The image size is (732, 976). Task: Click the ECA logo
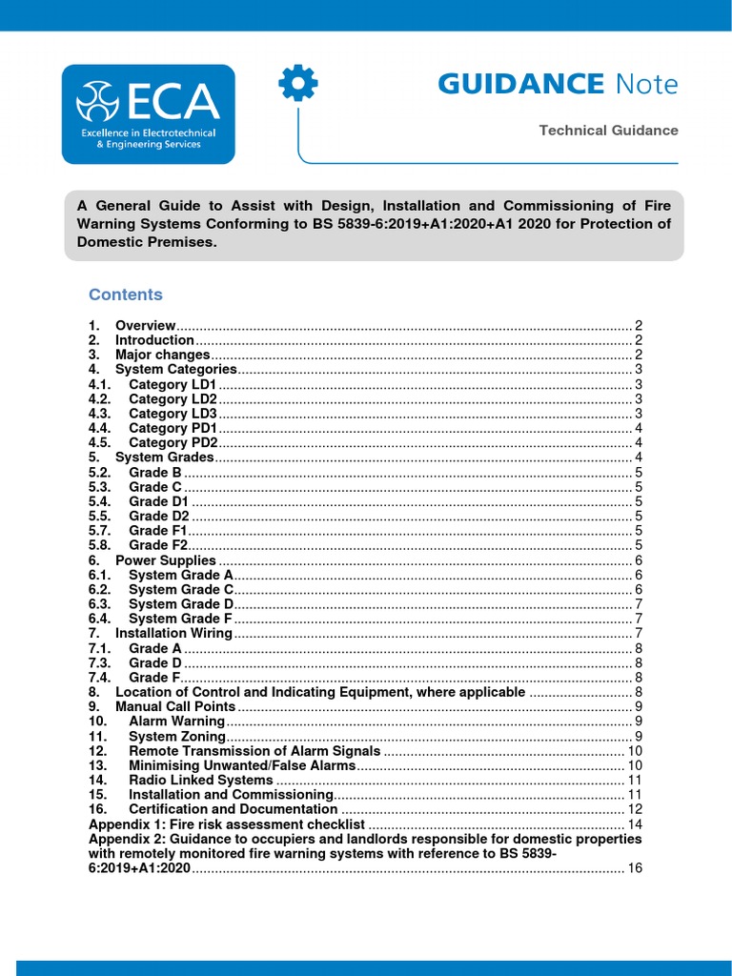(x=148, y=113)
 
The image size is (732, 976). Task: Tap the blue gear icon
(x=297, y=85)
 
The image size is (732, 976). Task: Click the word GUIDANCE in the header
(x=520, y=84)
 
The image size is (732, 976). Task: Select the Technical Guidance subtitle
(x=608, y=131)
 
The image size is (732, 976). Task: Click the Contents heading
(x=126, y=295)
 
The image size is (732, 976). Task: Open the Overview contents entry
(x=145, y=325)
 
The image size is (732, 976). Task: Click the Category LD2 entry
(x=173, y=398)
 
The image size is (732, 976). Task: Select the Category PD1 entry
(x=173, y=428)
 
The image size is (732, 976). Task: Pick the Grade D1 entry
(x=158, y=501)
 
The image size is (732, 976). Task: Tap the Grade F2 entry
(x=157, y=545)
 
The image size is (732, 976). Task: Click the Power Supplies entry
(x=165, y=560)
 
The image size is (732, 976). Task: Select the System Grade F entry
(x=181, y=619)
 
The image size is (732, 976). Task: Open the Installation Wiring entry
(x=173, y=633)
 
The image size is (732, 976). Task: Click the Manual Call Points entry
(x=174, y=706)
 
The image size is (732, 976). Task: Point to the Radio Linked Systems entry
(x=200, y=780)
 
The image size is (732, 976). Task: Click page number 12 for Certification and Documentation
(x=635, y=809)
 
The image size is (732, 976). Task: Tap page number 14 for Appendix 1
(x=635, y=823)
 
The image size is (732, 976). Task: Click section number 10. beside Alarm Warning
(x=98, y=722)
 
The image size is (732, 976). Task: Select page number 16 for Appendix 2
(x=635, y=868)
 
